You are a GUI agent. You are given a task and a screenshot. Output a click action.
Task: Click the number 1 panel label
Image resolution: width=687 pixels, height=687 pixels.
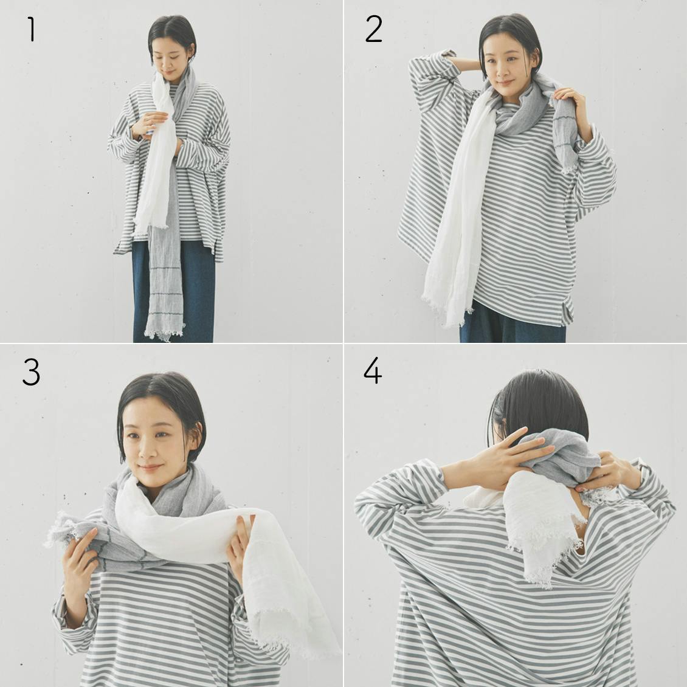(x=31, y=29)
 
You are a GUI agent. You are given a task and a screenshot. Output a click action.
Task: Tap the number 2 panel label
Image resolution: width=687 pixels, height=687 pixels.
(x=374, y=29)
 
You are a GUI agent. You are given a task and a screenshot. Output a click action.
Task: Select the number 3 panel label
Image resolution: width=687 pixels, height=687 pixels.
(x=31, y=373)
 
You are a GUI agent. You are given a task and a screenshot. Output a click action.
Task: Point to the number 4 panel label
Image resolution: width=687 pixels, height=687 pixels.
(x=373, y=371)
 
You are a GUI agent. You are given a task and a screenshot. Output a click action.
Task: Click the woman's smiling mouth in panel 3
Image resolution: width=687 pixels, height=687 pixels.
(x=150, y=468)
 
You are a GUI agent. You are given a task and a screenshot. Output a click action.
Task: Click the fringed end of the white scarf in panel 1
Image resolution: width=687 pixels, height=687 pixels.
(x=150, y=227)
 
